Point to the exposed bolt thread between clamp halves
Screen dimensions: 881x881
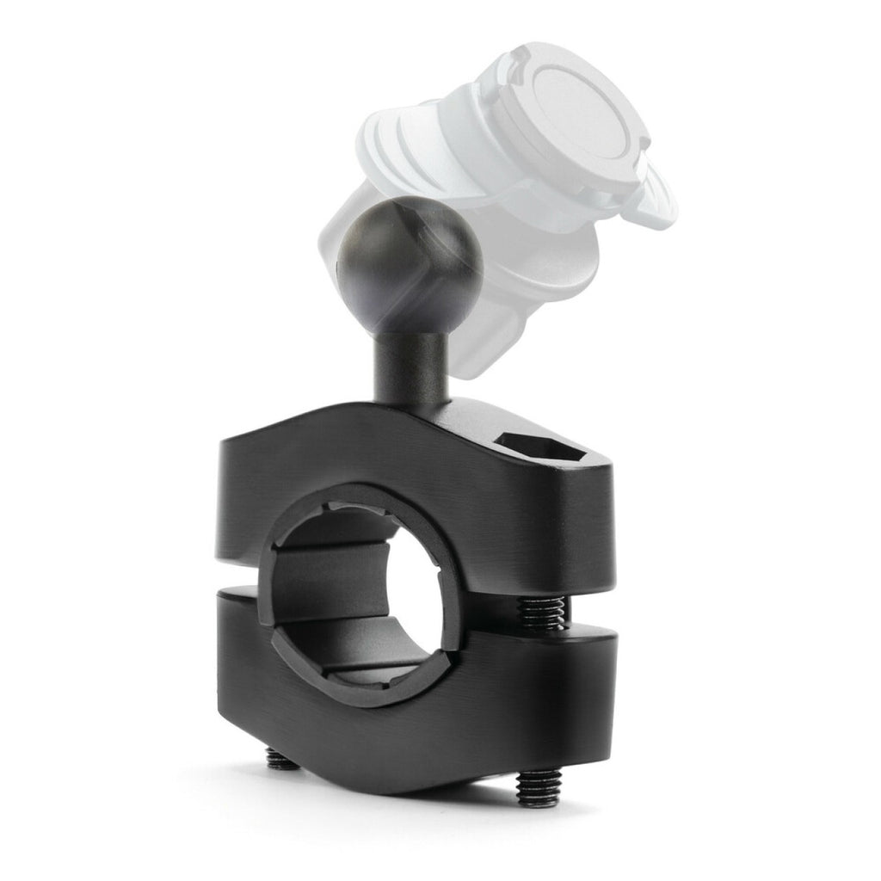click(539, 613)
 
